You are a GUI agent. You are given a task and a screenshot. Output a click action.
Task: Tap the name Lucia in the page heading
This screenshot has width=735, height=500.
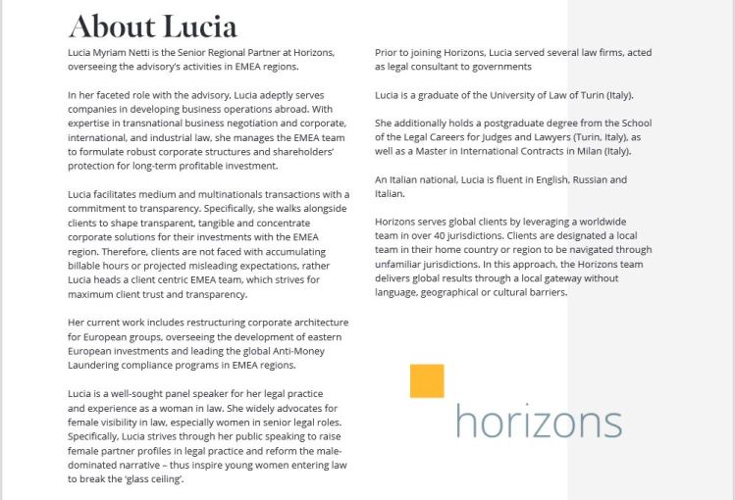click(x=201, y=25)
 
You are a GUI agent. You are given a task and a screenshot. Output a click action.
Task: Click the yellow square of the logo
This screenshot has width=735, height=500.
click(x=427, y=381)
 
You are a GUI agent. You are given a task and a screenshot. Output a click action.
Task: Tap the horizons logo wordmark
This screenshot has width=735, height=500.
click(x=538, y=422)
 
